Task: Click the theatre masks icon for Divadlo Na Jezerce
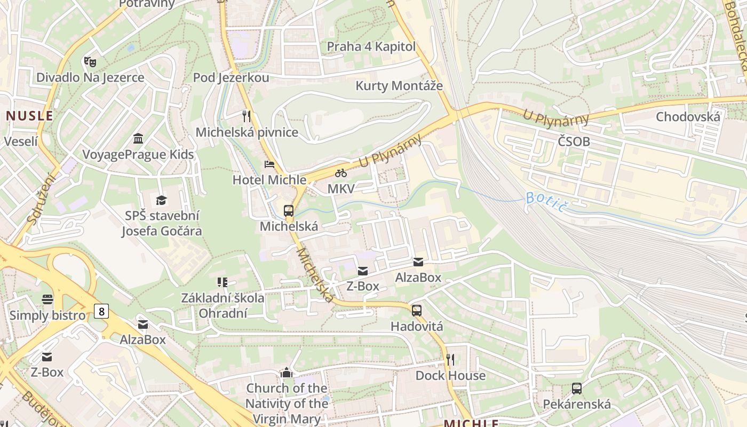90,61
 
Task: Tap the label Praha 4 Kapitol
371,46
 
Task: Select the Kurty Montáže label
399,85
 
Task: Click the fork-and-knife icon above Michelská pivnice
246,116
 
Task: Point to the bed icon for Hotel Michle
269,164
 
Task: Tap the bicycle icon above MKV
341,173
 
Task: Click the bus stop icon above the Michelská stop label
289,210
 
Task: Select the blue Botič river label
545,201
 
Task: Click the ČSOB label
574,141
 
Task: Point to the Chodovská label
688,117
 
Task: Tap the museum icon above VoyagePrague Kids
138,139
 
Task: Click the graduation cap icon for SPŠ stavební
161,200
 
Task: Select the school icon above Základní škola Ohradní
222,282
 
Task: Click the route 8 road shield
101,311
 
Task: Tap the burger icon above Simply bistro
47,299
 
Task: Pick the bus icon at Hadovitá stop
417,310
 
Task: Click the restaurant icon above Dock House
450,359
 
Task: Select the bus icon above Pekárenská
577,388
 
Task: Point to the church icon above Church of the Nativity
287,372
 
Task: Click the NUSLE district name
30,116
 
